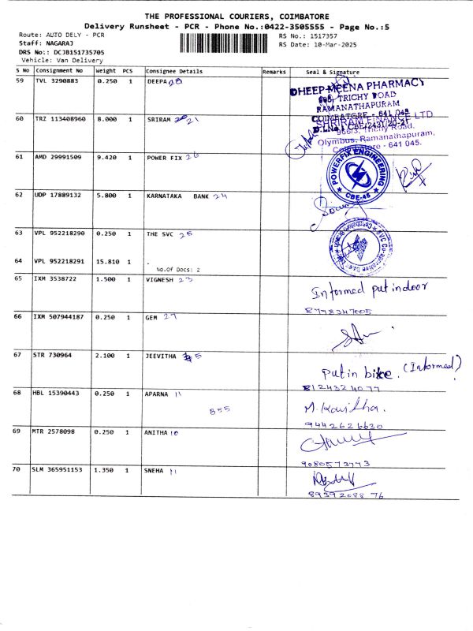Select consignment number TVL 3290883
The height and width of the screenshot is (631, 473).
pyautogui.click(x=57, y=80)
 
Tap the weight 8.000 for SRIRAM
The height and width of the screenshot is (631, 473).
pyautogui.click(x=106, y=118)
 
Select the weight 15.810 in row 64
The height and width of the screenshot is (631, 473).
pyautogui.click(x=106, y=261)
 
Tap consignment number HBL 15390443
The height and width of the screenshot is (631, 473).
pyautogui.click(x=59, y=392)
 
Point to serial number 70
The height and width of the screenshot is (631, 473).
pyautogui.click(x=19, y=469)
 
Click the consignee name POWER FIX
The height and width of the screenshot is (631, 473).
pyautogui.click(x=165, y=157)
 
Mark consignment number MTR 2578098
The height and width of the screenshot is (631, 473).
pyautogui.click(x=57, y=431)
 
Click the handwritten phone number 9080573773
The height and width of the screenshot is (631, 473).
pyautogui.click(x=341, y=464)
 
